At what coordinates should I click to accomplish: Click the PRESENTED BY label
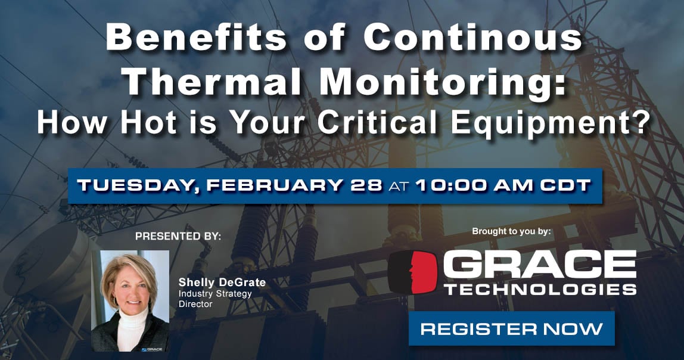[x=178, y=236]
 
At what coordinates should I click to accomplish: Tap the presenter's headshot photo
[x=130, y=300]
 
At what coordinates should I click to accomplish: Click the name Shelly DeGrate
[x=222, y=283]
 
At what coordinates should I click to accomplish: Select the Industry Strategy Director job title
[x=215, y=299]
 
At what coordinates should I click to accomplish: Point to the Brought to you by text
[x=511, y=231]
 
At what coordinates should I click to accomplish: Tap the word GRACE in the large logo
[x=539, y=266]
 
